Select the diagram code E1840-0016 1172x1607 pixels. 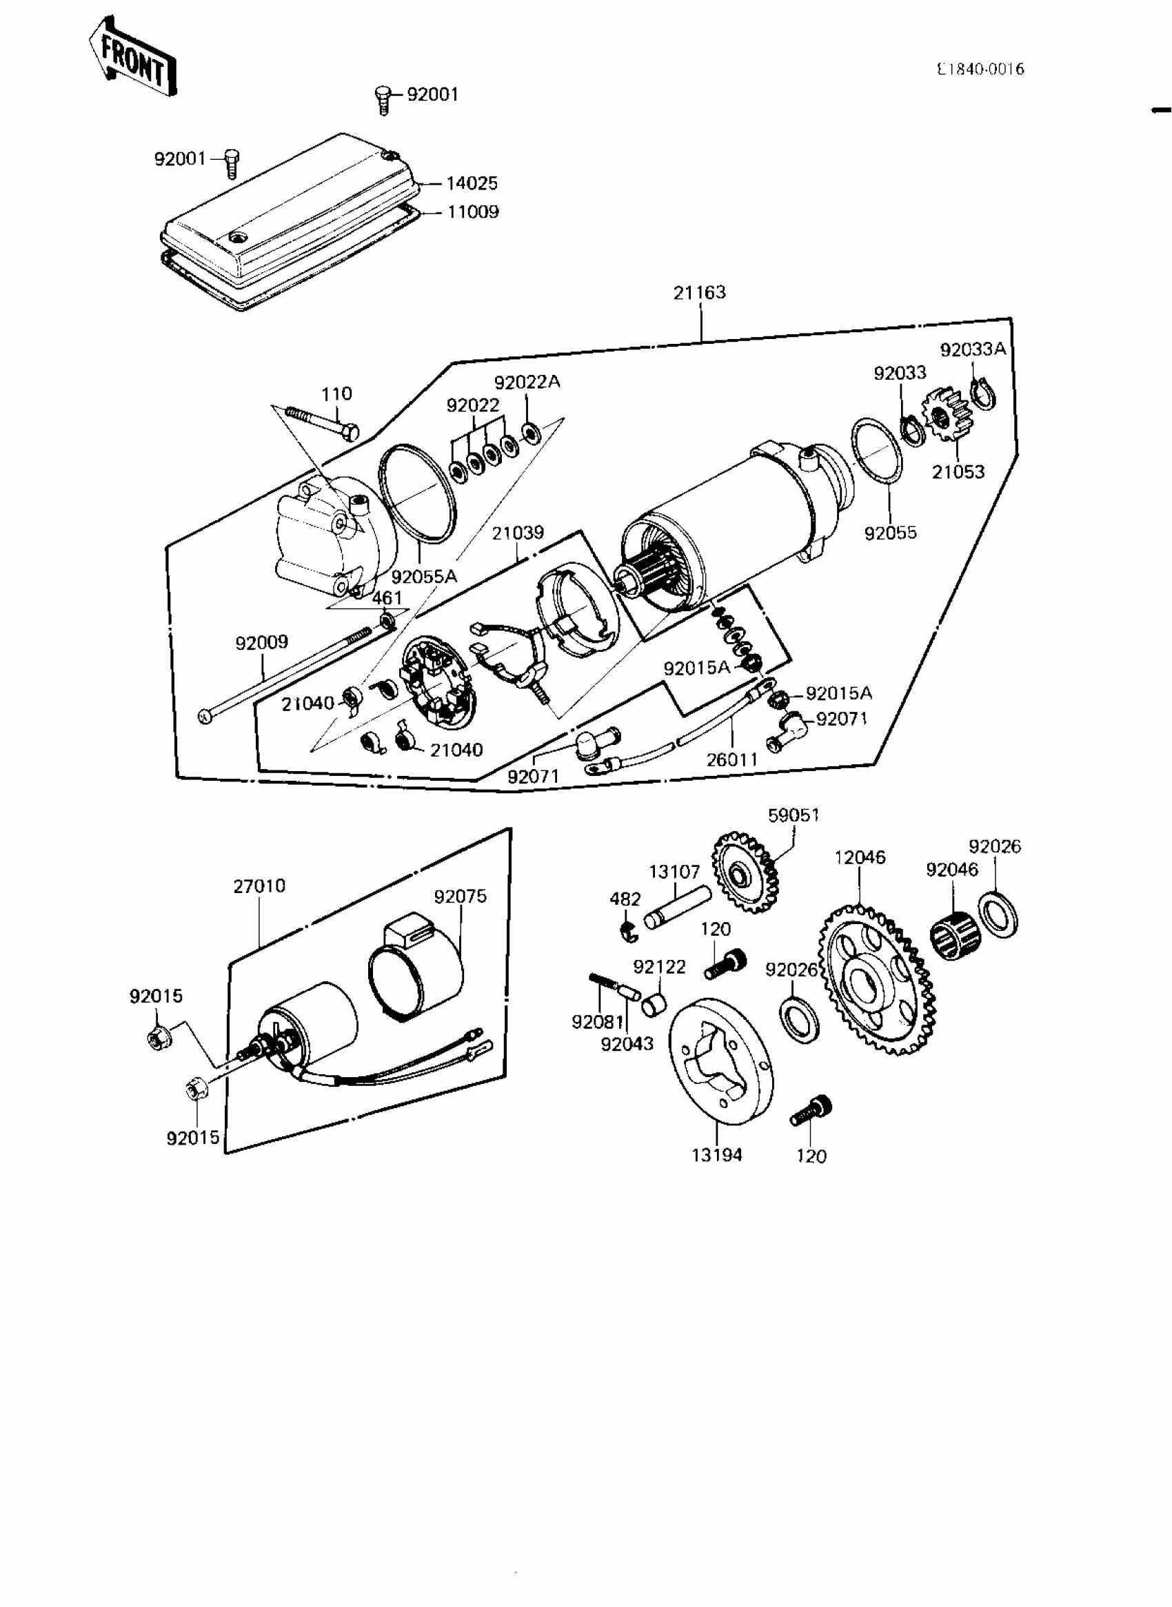pyautogui.click(x=980, y=70)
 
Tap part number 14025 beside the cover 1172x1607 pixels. pyautogui.click(x=472, y=184)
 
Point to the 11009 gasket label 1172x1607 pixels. pyautogui.click(x=473, y=212)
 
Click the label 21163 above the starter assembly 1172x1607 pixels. pyautogui.click(x=700, y=292)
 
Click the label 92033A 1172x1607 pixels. pyautogui.click(x=973, y=349)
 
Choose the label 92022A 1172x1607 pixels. pyautogui.click(x=527, y=382)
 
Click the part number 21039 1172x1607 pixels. pyautogui.click(x=518, y=533)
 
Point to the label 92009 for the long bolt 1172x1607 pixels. pyautogui.click(x=262, y=642)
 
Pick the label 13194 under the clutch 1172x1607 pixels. pyautogui.click(x=716, y=1155)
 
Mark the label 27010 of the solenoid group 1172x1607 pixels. pyautogui.click(x=259, y=886)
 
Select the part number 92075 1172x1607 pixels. pyautogui.click(x=461, y=897)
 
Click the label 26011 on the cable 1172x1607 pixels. pyautogui.click(x=732, y=759)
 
